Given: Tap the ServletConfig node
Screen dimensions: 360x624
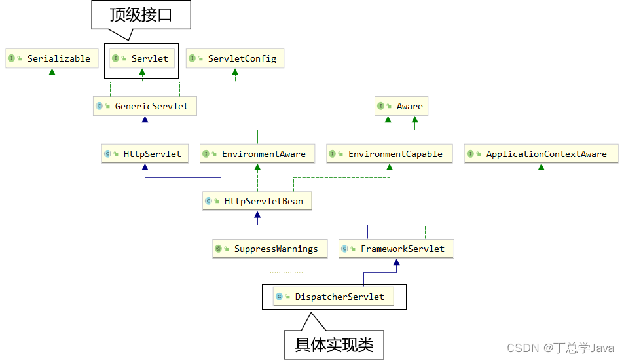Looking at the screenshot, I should coord(235,58).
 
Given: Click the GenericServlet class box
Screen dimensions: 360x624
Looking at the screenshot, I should coord(145,105).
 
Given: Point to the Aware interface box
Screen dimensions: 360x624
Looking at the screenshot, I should coord(402,106).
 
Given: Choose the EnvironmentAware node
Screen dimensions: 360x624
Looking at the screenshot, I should coord(257,154).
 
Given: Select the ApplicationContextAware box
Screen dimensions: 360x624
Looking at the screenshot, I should coord(541,154).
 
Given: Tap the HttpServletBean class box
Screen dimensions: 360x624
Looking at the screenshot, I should coord(257,201).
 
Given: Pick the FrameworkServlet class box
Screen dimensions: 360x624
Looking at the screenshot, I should coord(396,249).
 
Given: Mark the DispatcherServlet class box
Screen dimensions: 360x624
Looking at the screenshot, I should coord(333,297).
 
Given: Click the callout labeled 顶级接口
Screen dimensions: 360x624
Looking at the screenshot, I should coord(141,14).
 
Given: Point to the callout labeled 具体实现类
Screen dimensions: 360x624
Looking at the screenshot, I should coord(334,344).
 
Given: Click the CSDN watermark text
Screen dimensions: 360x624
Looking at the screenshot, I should coord(560,348).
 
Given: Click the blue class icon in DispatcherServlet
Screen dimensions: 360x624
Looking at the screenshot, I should coord(280,297).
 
